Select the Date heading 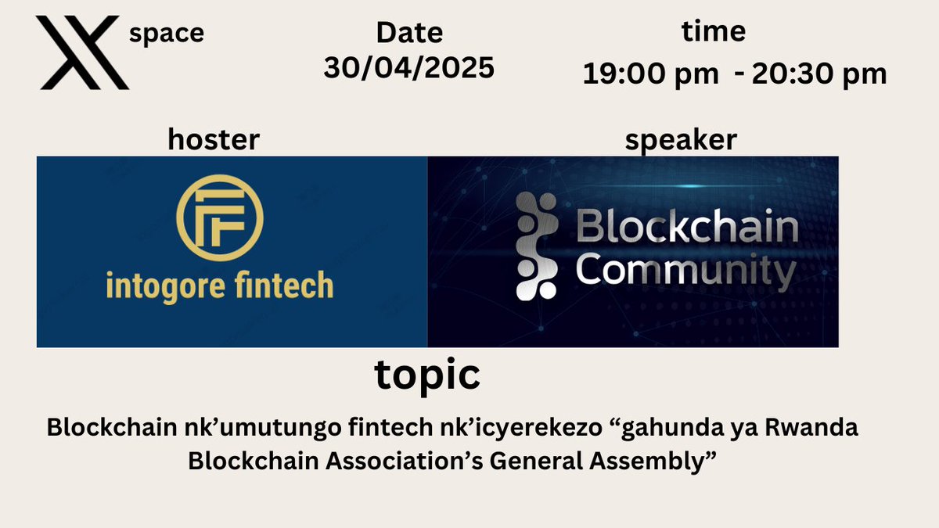(x=409, y=33)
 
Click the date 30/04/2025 (x=409, y=67)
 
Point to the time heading (x=714, y=31)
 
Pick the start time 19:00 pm (x=651, y=74)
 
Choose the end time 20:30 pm (x=819, y=74)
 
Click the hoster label (x=214, y=140)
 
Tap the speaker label (x=681, y=140)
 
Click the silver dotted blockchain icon (x=538, y=246)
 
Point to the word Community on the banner (x=686, y=272)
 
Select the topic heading (x=427, y=375)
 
